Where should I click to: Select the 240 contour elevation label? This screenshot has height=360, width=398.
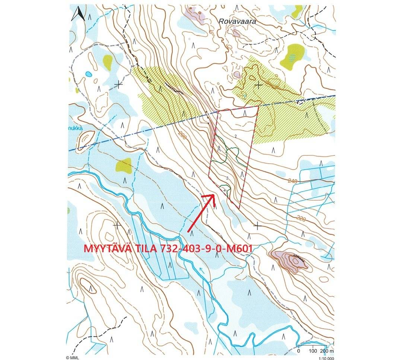(293, 181)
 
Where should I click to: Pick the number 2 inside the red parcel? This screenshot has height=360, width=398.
(236, 136)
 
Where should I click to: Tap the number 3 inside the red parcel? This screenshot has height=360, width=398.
(227, 179)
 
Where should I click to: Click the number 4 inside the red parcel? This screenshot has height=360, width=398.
(225, 190)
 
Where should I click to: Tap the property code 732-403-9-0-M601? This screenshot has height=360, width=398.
(207, 249)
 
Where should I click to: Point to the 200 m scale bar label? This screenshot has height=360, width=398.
(328, 351)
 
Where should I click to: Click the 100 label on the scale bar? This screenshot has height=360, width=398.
(313, 351)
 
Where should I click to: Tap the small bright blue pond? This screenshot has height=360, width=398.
(89, 74)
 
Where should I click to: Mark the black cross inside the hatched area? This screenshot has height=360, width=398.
(258, 85)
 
